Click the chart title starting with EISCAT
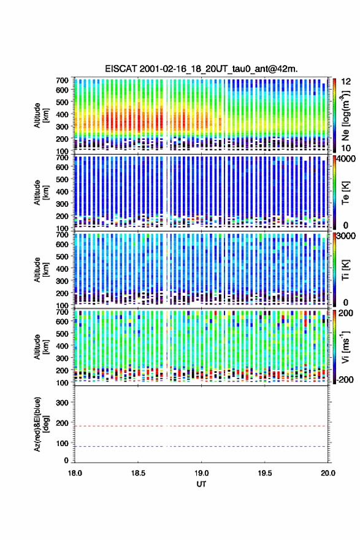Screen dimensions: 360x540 pyautogui.click(x=201, y=69)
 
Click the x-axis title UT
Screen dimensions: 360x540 pyautogui.click(x=201, y=484)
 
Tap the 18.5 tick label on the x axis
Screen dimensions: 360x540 pyautogui.click(x=138, y=473)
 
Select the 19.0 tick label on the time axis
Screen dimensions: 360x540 pyautogui.click(x=201, y=473)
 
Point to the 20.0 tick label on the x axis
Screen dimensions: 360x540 pyautogui.click(x=327, y=473)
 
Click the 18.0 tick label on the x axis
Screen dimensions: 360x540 pyautogui.click(x=75, y=473)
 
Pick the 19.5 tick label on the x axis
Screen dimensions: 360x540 pyautogui.click(x=265, y=473)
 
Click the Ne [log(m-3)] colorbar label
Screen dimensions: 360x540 pyautogui.click(x=345, y=115)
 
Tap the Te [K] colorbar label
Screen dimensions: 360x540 pyautogui.click(x=345, y=193)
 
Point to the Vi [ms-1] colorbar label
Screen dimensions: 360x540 pyautogui.click(x=345, y=347)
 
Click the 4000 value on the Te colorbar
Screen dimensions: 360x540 pyautogui.click(x=347, y=159)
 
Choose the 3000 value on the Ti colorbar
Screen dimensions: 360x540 pyautogui.click(x=347, y=236)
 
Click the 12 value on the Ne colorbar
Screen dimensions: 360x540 pyautogui.click(x=346, y=82)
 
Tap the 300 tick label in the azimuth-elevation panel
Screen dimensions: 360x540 pyautogui.click(x=62, y=403)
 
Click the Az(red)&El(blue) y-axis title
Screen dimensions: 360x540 pyautogui.click(x=40, y=424)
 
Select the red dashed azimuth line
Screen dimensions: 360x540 pyautogui.click(x=201, y=426)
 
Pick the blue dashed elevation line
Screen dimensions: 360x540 pyautogui.click(x=201, y=446)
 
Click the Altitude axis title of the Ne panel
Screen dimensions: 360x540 pyautogui.click(x=40, y=115)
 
